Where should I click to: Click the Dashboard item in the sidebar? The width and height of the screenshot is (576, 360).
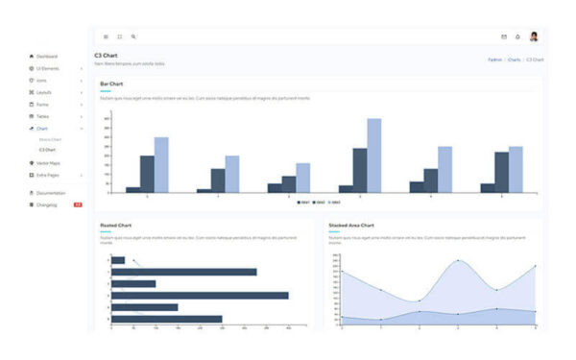[47, 57]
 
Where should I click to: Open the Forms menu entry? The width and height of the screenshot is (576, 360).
[43, 104]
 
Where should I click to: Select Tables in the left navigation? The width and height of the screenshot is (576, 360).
[44, 116]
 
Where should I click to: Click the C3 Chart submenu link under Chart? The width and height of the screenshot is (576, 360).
[47, 150]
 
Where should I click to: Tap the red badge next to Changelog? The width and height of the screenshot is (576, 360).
[78, 204]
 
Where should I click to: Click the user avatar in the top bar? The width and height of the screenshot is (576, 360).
[534, 36]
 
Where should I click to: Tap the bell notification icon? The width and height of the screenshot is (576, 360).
[517, 36]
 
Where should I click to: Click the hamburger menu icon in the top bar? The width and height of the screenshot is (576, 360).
[106, 36]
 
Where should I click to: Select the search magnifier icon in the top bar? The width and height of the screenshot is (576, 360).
[133, 36]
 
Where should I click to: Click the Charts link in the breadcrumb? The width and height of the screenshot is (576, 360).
[514, 60]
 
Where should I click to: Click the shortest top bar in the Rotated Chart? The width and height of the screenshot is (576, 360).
[118, 260]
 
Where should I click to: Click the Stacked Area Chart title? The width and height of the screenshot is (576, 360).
[351, 225]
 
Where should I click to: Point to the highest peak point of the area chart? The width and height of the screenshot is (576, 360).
[458, 260]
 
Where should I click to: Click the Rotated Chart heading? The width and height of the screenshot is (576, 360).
[116, 225]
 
